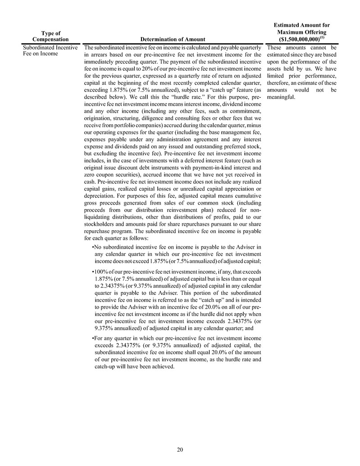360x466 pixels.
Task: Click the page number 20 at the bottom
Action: click(180, 449)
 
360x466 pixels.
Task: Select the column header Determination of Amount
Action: click(173, 40)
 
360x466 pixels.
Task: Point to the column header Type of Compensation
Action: click(51, 37)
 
